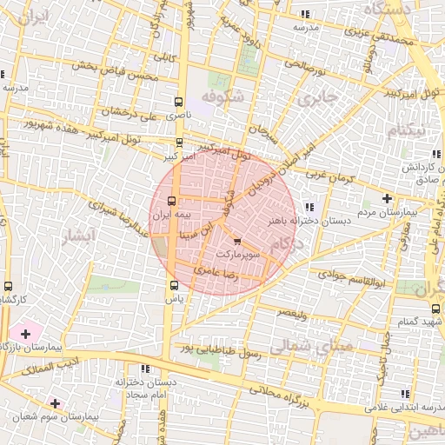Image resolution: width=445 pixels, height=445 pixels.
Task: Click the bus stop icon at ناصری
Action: pos(179,101)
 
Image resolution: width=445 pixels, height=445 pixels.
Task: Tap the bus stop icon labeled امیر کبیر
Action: pos(180,143)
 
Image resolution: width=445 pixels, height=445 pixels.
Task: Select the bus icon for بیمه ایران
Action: pos(169,200)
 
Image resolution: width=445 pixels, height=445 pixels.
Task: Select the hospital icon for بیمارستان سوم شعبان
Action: pos(56,403)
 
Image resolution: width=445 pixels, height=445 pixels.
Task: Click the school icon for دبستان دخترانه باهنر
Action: pos(310,207)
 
